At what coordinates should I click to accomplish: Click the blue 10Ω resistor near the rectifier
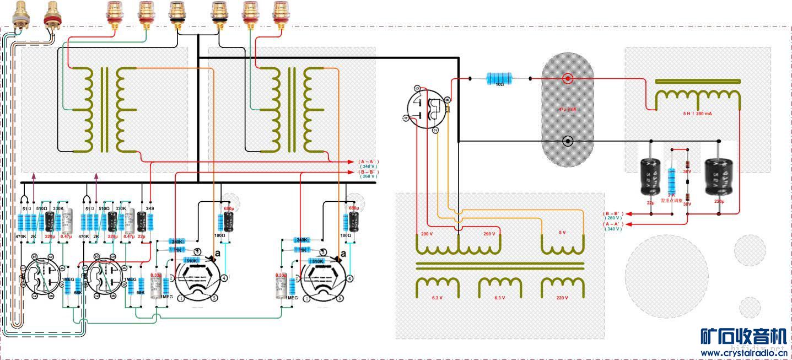pyautogui.click(x=499, y=79)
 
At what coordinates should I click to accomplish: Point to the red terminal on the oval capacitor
pyautogui.click(x=568, y=79)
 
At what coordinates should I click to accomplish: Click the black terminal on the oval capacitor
pyautogui.click(x=568, y=141)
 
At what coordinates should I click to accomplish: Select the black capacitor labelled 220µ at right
pyautogui.click(x=719, y=176)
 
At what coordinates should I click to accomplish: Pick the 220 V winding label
pyautogui.click(x=562, y=298)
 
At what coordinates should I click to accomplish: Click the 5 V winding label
pyautogui.click(x=562, y=233)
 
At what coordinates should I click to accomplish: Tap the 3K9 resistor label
pyautogui.click(x=150, y=208)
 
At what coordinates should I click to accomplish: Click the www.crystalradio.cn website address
pyautogui.click(x=743, y=352)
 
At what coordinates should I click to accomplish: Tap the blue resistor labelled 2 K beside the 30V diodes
pyautogui.click(x=671, y=180)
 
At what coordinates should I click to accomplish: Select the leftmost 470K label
pyautogui.click(x=21, y=236)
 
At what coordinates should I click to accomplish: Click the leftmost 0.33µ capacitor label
pyautogui.click(x=156, y=275)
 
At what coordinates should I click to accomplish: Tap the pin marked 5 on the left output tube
pyautogui.click(x=214, y=298)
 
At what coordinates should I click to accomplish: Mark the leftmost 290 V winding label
pyautogui.click(x=427, y=234)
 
